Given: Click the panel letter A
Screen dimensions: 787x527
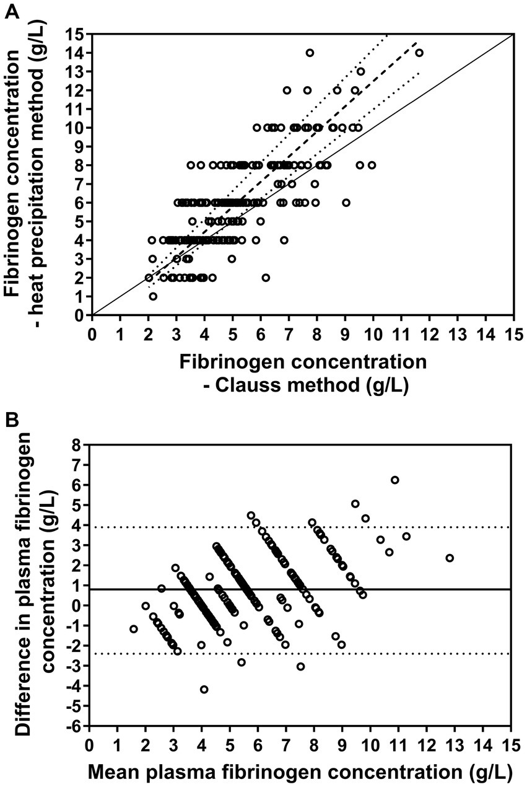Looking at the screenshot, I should point(11,11).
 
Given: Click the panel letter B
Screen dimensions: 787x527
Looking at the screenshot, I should point(11,421).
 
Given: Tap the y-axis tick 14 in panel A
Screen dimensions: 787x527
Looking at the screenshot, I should point(76,53).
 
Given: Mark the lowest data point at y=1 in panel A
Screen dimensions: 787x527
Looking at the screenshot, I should point(153,296).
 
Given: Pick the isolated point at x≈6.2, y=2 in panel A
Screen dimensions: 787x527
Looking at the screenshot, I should point(266,278).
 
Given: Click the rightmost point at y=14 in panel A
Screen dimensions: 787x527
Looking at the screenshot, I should point(419,53).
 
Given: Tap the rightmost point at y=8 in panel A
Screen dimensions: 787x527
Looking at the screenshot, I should point(372,165).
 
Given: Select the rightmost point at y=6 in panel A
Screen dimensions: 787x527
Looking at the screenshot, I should point(346,203).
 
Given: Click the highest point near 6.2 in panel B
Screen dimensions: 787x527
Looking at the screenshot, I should point(394,480).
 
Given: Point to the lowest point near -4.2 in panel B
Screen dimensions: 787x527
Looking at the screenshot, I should point(204,689).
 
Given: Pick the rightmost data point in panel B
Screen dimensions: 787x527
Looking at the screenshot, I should point(450,558).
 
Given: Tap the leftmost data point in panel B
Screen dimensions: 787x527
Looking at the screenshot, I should point(134,629).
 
